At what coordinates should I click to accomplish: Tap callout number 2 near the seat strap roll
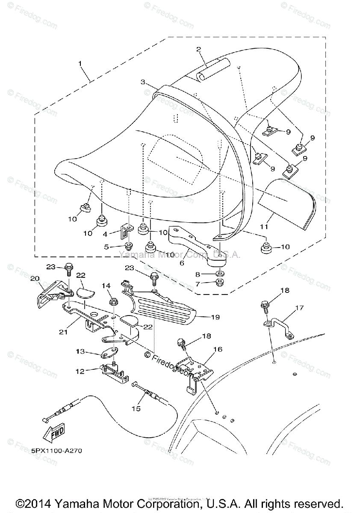click(198, 49)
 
